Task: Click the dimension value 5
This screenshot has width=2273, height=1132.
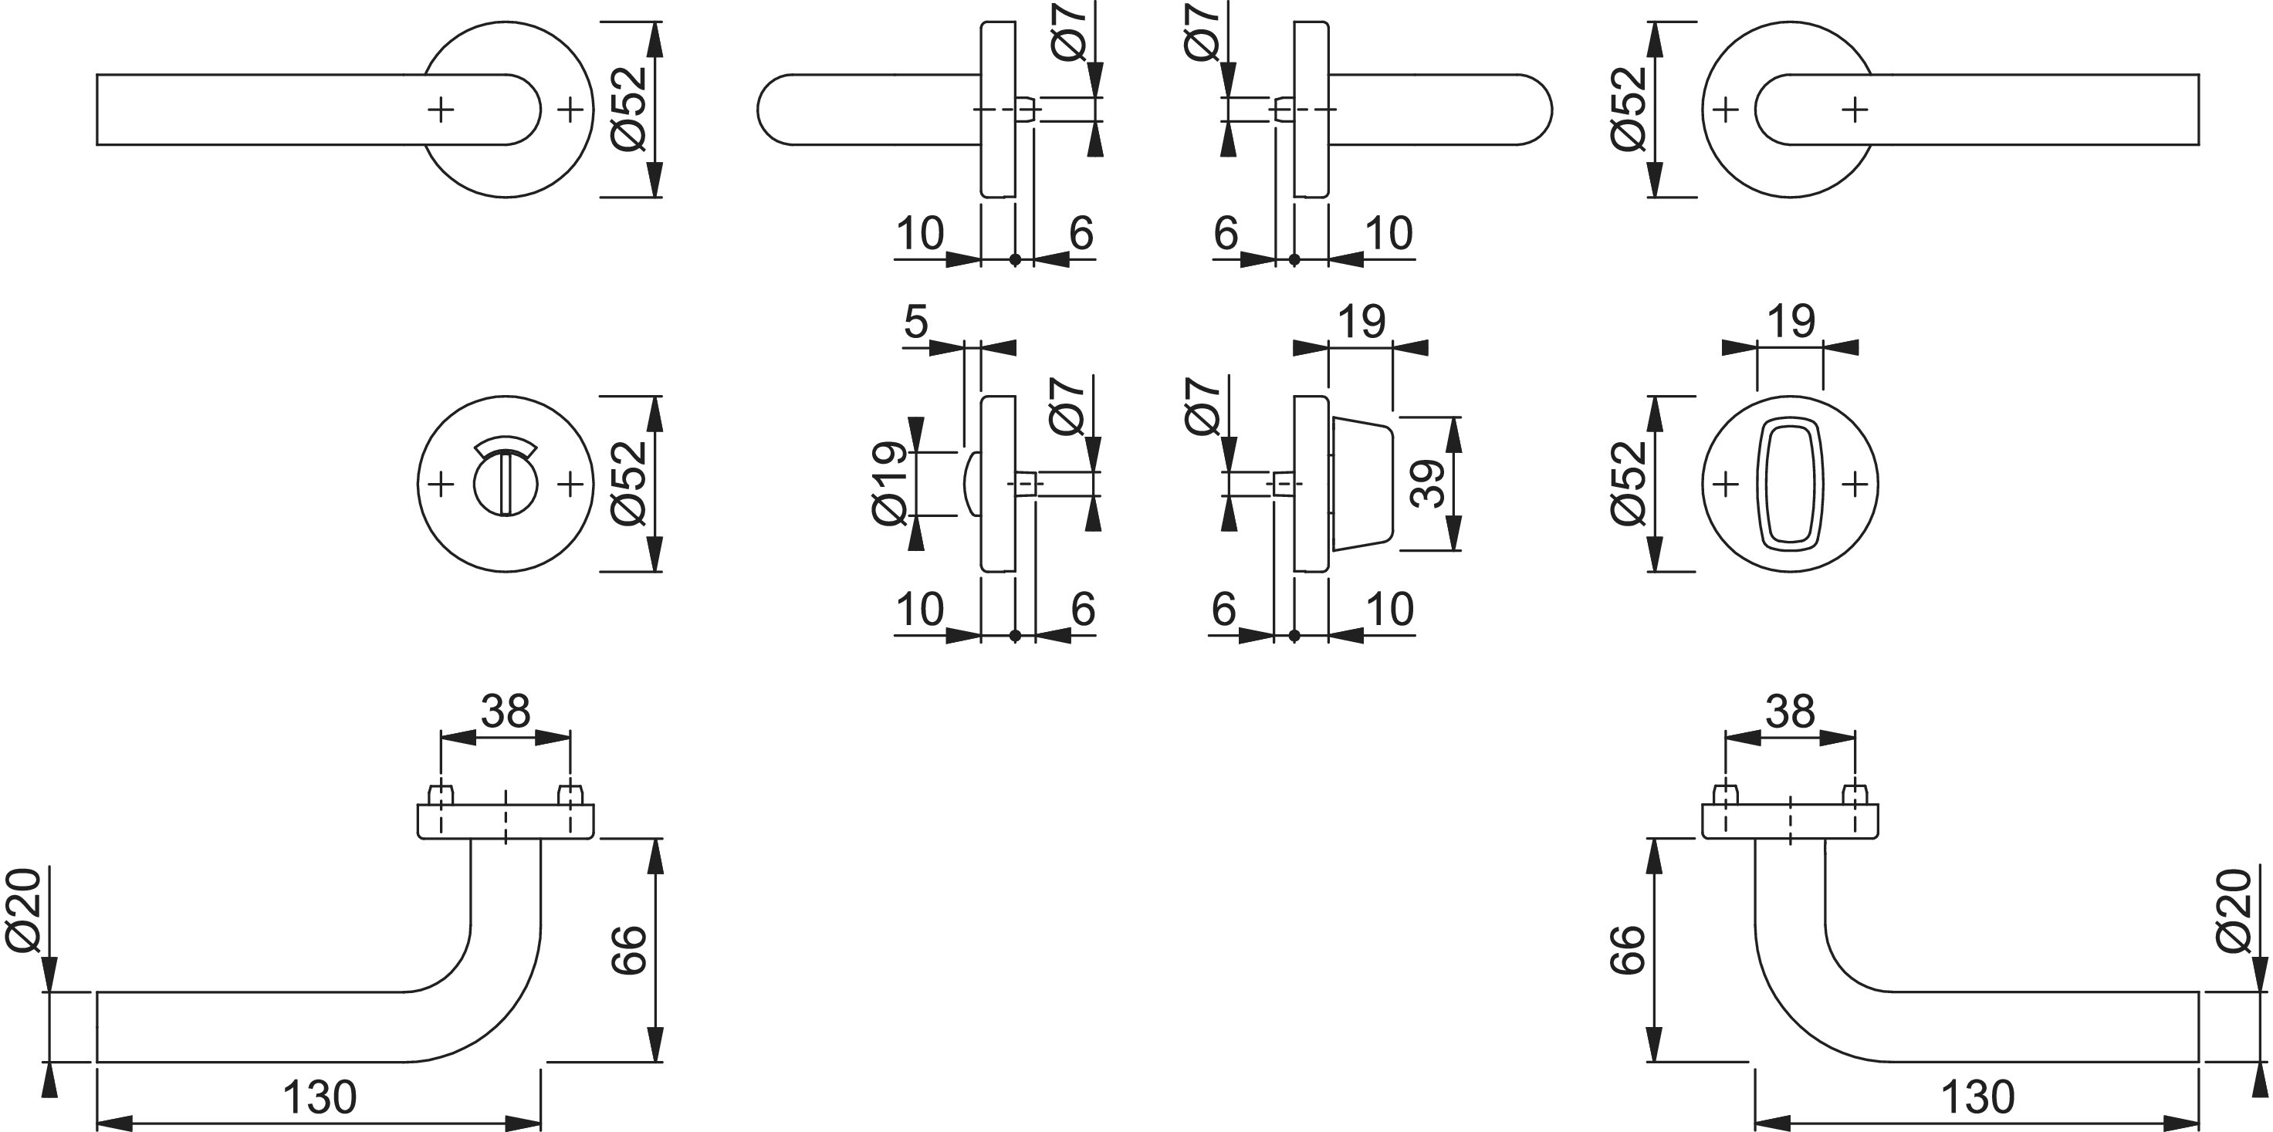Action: point(917,322)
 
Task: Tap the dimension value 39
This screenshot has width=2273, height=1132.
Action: point(1428,484)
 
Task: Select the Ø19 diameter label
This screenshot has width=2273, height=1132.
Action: point(889,484)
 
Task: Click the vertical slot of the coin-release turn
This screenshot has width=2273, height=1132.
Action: point(505,484)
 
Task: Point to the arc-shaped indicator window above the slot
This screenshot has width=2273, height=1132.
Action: point(506,447)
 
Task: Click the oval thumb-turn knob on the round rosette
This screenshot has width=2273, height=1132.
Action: point(1791,484)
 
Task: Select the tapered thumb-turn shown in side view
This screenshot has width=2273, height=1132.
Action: point(1361,484)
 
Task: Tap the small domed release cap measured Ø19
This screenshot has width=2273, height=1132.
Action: point(972,484)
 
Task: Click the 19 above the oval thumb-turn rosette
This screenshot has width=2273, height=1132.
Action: point(1791,322)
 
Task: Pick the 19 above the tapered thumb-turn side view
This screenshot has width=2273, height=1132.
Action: point(1361,322)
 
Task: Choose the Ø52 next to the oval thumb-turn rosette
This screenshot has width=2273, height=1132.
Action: point(1629,484)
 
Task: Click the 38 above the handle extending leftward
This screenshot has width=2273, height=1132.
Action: point(506,711)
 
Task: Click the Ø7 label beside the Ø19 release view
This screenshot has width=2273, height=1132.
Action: point(1067,406)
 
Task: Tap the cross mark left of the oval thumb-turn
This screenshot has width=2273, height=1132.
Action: point(1725,484)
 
